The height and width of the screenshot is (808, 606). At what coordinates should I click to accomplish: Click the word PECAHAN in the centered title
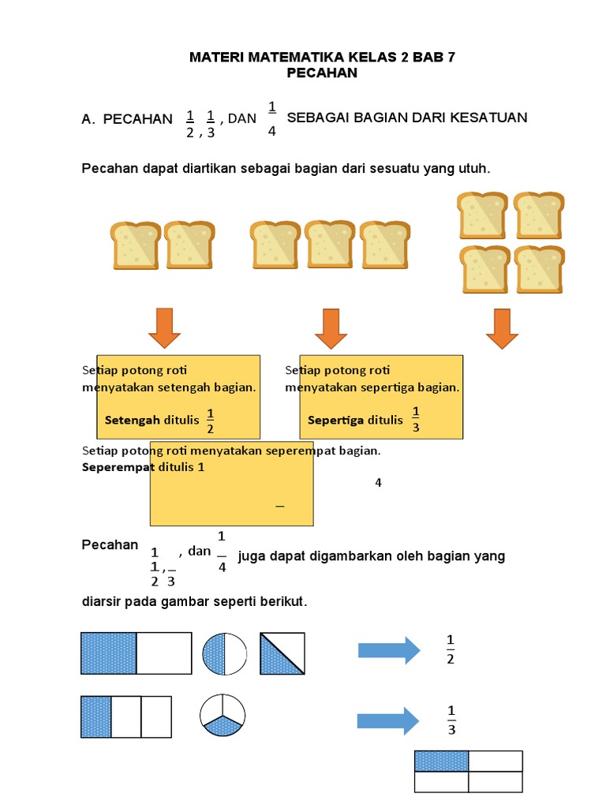click(324, 73)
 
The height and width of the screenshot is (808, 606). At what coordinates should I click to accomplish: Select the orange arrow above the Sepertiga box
click(331, 328)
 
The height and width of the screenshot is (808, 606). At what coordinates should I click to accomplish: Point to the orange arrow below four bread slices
click(502, 328)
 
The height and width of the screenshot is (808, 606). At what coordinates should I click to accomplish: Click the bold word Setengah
click(132, 420)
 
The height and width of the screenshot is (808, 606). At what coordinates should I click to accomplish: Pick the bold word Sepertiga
click(335, 420)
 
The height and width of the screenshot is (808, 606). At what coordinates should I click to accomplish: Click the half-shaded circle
click(225, 653)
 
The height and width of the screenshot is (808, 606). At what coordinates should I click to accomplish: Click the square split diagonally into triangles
click(282, 653)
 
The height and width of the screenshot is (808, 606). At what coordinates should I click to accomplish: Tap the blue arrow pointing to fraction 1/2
click(389, 649)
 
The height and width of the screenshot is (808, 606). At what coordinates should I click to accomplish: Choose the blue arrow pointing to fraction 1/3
click(388, 720)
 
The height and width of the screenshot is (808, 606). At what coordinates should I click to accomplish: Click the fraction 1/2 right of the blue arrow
click(451, 649)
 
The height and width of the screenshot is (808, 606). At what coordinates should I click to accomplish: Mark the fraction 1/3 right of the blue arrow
click(451, 720)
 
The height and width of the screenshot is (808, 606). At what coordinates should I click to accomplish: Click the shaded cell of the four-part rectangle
click(442, 761)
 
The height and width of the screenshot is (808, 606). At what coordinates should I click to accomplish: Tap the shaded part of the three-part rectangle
click(96, 716)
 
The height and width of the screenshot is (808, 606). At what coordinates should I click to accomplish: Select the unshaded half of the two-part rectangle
click(164, 653)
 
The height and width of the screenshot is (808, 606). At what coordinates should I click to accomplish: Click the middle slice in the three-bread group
click(330, 245)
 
